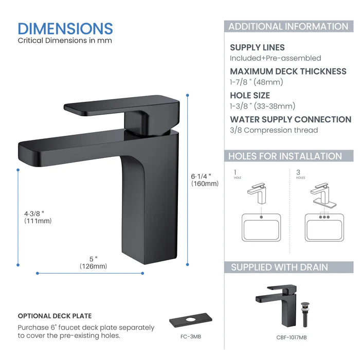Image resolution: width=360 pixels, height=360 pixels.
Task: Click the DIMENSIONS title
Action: click(x=65, y=28)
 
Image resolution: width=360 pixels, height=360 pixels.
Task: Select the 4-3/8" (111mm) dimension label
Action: click(x=38, y=217)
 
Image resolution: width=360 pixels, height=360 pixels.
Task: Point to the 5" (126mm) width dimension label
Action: click(x=93, y=262)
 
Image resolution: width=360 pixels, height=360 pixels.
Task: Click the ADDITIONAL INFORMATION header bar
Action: click(x=288, y=27)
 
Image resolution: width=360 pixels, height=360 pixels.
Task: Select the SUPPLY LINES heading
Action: click(x=257, y=47)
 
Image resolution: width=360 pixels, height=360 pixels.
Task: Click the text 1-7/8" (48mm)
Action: click(x=257, y=82)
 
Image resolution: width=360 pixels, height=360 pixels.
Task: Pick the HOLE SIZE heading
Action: click(x=249, y=95)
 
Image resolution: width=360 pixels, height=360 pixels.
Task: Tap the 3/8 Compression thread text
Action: click(x=274, y=130)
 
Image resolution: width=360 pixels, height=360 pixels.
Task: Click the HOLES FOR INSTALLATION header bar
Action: click(x=285, y=156)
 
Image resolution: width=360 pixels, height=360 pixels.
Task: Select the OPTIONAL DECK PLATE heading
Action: click(x=55, y=316)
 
